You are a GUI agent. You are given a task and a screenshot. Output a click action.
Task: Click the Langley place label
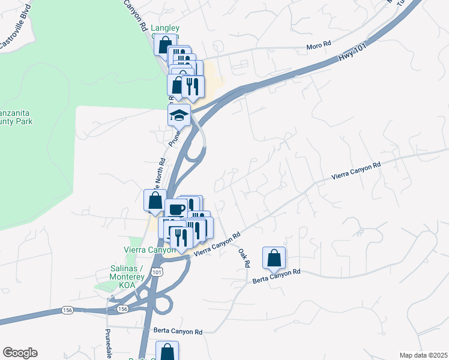tap(165, 28)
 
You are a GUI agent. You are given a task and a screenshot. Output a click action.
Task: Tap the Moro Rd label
tap(319, 45)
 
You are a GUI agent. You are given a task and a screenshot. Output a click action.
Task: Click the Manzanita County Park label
tap(15, 116)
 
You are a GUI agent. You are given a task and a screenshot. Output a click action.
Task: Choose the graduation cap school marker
tap(179, 115)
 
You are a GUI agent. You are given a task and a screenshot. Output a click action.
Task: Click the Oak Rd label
tap(243, 258)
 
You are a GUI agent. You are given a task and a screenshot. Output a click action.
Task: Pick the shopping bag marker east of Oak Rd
tap(274, 257)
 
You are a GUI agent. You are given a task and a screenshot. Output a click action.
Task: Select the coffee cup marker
tap(176, 208)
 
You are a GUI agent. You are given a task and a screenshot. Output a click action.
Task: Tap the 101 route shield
tap(157, 272)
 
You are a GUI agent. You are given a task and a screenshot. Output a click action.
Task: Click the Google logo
tap(20, 353)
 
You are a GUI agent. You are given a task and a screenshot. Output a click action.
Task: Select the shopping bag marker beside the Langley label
tap(164, 44)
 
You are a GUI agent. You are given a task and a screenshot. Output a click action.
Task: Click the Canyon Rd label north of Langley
tap(136, 14)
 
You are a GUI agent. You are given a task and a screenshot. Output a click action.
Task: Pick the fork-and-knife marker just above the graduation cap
tap(193, 86)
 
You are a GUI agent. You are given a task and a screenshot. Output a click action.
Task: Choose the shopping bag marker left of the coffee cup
tap(155, 200)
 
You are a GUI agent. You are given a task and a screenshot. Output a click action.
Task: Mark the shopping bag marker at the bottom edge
tap(167, 352)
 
